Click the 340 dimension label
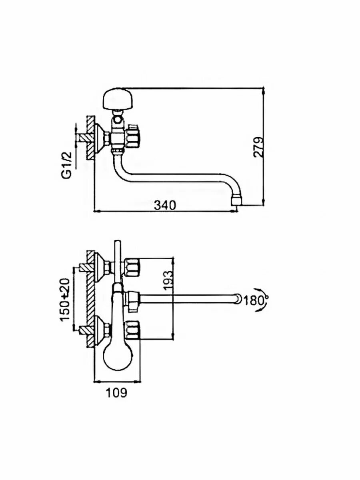pyautogui.click(x=164, y=205)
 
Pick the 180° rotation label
pyautogui.click(x=255, y=300)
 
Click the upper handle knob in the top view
pyautogui.click(x=133, y=267)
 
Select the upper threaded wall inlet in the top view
pyautogui.click(x=84, y=267)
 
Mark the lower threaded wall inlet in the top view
pyautogui.click(x=84, y=330)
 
